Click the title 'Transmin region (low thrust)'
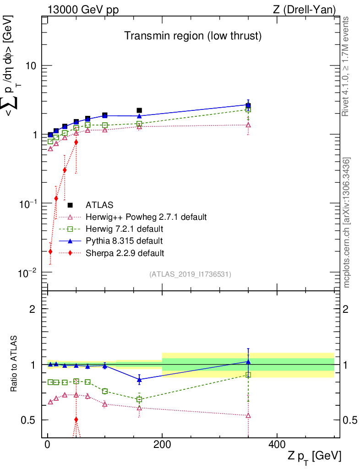(x=193, y=36)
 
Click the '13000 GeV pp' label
(x=82, y=10)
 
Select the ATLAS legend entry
(x=99, y=205)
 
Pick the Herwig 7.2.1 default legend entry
(x=124, y=229)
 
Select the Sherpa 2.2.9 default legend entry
(x=124, y=252)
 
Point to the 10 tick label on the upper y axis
(x=31, y=65)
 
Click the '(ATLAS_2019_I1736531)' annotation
(x=190, y=274)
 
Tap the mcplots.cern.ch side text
(x=347, y=223)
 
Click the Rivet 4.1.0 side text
(x=347, y=66)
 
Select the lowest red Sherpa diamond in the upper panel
(x=50, y=251)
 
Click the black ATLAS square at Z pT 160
(x=139, y=110)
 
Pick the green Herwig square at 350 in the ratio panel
(x=248, y=375)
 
